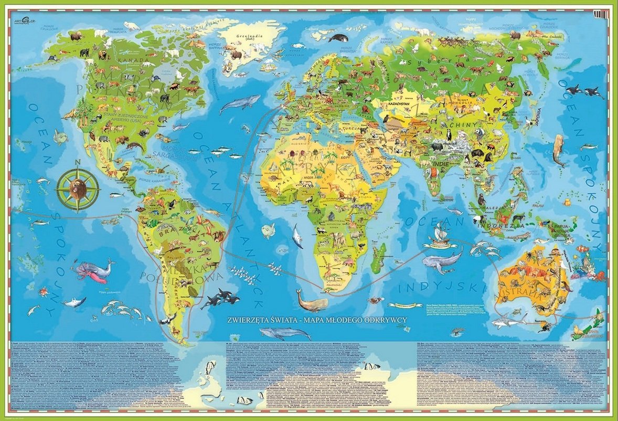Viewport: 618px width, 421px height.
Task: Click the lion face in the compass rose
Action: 77,187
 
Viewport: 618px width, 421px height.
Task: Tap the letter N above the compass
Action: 63,162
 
